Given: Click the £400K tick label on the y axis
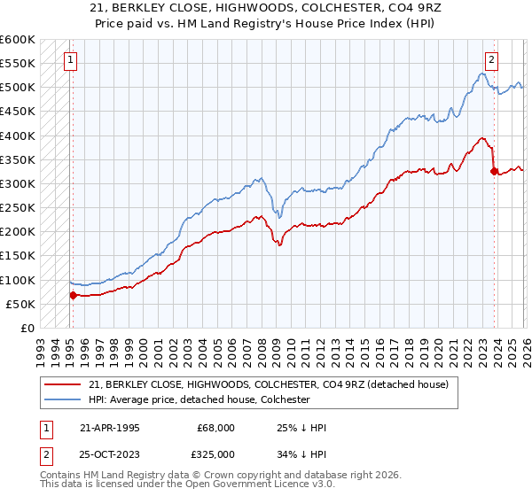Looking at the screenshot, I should coord(18,136).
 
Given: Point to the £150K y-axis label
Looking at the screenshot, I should coord(18,256).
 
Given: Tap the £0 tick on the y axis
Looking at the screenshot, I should coord(27,329).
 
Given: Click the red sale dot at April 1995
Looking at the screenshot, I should coord(73,296).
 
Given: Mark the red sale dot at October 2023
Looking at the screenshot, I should coord(494,171).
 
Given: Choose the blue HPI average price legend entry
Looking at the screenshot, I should coord(211,400).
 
